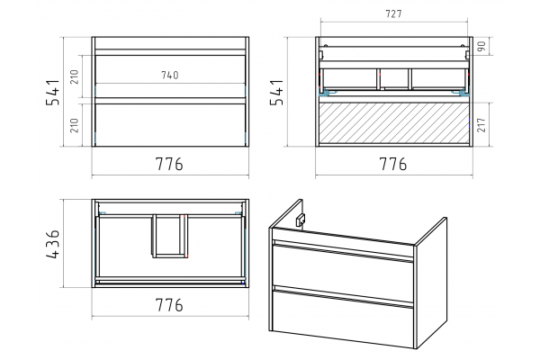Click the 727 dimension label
point(393,13)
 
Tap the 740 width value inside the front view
point(170,75)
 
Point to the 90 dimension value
point(481,46)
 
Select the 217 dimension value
point(481,124)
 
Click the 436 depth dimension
point(53,244)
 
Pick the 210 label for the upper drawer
point(75,76)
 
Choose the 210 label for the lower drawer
point(75,125)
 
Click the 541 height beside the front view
point(53,92)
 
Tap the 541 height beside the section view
point(277,92)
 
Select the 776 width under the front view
point(169,164)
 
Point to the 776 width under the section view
point(393,164)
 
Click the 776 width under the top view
point(169,305)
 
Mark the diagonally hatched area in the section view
point(394,122)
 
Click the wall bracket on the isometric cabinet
point(301,220)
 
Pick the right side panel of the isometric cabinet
point(431,283)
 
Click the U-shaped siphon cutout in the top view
point(170,237)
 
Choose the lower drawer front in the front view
point(170,125)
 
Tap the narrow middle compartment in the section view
point(394,78)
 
